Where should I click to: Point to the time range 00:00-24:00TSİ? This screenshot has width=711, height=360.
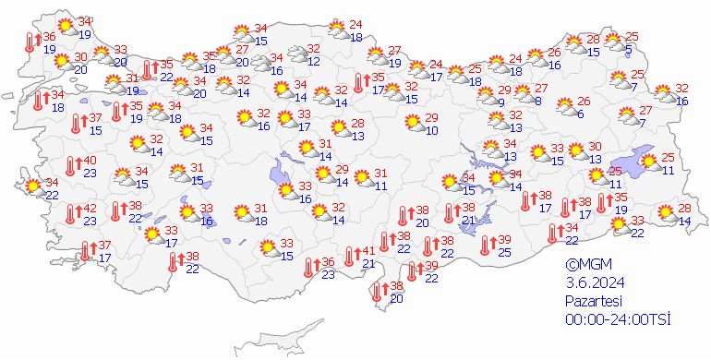(x=618, y=318)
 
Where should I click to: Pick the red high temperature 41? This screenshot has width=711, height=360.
(x=368, y=250)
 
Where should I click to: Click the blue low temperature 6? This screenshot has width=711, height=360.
(x=581, y=114)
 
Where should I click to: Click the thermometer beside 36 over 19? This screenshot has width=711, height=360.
(x=30, y=42)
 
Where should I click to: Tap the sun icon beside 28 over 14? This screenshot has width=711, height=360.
(x=664, y=214)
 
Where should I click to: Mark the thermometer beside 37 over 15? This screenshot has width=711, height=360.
(x=76, y=124)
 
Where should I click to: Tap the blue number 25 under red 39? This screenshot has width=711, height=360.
(x=504, y=252)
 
